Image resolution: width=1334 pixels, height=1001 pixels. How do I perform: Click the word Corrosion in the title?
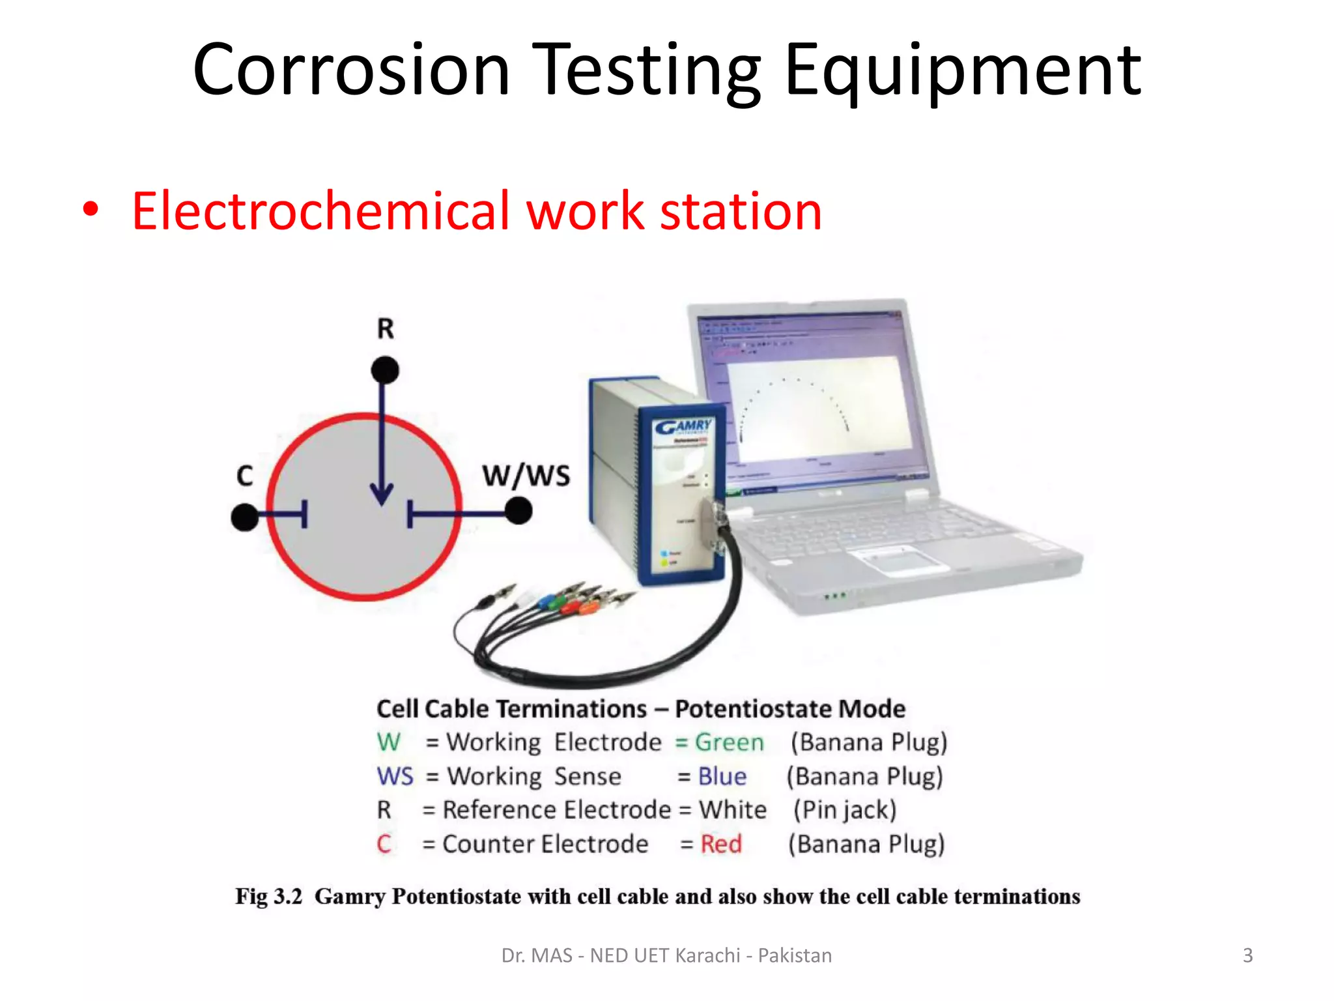[351, 70]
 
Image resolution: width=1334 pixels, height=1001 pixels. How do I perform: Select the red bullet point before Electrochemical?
[91, 210]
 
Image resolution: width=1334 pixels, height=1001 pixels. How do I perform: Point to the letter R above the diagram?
[386, 328]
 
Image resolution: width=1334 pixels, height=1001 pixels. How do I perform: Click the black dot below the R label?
[385, 370]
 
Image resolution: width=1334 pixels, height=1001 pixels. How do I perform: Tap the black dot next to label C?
[245, 517]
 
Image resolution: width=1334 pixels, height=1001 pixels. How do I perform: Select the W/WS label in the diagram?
[526, 476]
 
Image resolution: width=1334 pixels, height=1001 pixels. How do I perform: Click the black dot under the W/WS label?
[518, 511]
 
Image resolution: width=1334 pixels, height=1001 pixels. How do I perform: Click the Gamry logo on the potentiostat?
[683, 427]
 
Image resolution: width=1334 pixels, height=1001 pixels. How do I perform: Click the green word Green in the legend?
[729, 742]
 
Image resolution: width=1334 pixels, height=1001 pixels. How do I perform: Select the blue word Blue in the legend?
[722, 776]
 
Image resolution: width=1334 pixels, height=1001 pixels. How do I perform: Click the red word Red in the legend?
[721, 844]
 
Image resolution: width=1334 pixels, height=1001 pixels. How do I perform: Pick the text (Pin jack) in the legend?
[844, 810]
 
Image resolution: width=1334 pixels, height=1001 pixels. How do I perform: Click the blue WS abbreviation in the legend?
[395, 776]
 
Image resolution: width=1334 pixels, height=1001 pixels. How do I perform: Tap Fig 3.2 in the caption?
[268, 897]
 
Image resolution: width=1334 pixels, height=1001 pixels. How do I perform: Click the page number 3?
[1247, 955]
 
